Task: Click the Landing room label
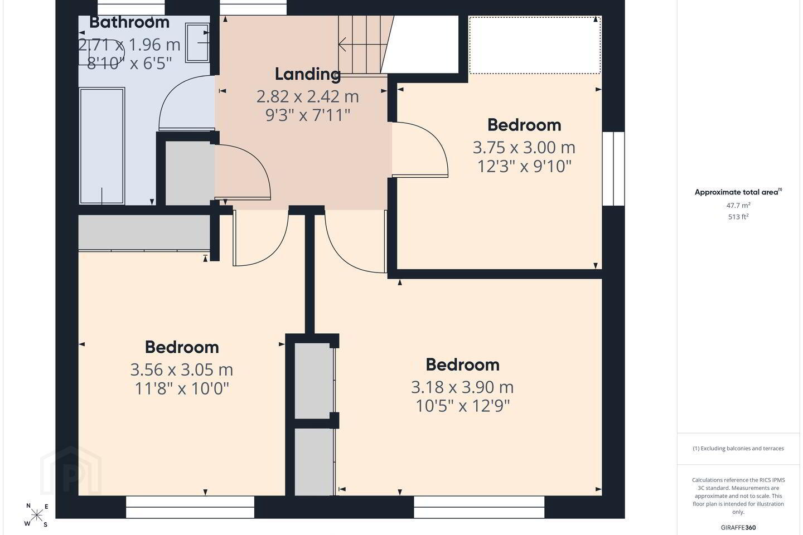tap(308, 74)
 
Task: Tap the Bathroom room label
tap(129, 22)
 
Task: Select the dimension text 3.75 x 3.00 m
tap(524, 147)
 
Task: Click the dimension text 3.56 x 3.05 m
tap(181, 369)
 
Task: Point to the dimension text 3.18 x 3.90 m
tap(462, 387)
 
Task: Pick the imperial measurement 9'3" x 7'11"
tap(308, 115)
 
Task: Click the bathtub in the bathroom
tap(102, 146)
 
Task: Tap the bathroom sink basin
tap(197, 43)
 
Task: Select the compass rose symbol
tap(36, 515)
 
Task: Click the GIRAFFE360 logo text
tap(738, 527)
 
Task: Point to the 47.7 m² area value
tap(738, 205)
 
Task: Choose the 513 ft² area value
tap(738, 217)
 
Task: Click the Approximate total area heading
tap(738, 192)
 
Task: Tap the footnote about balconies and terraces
tap(738, 448)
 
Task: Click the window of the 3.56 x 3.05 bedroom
tap(190, 507)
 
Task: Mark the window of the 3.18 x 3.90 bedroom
tap(479, 507)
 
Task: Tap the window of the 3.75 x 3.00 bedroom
tap(613, 169)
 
